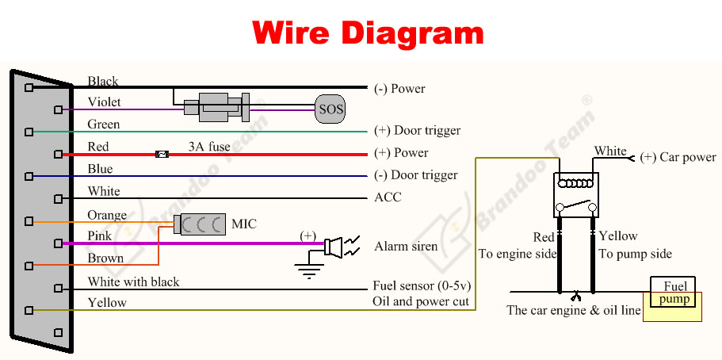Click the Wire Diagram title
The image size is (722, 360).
368,33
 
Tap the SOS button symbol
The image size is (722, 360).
330,109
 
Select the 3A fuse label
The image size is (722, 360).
209,147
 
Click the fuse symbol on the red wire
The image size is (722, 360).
162,153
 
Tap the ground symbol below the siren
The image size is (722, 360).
307,270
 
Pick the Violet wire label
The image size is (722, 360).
105,102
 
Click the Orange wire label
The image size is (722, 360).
107,215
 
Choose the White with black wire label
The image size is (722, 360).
133,281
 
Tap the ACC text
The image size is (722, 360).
388,197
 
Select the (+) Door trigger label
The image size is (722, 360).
417,130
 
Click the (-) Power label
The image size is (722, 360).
399,89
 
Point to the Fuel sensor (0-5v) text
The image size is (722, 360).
420,285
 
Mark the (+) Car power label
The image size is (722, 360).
678,157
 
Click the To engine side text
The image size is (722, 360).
517,254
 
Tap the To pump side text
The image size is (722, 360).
635,254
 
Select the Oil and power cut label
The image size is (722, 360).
421,301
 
